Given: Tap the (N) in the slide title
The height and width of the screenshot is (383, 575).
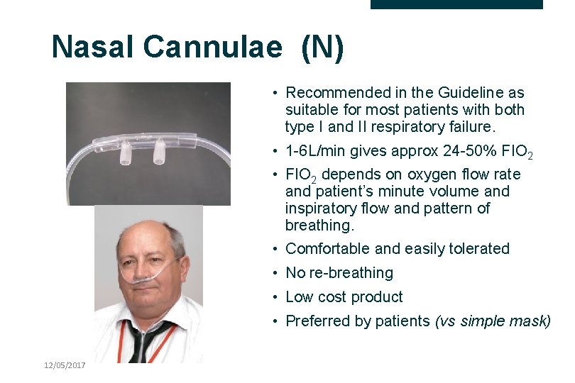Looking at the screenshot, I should (323, 48).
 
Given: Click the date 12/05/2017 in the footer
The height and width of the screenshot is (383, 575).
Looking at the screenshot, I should (64, 365).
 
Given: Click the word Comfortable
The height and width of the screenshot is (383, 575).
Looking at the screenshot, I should (327, 249).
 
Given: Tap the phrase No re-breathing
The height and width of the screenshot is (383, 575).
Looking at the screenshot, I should (339, 273).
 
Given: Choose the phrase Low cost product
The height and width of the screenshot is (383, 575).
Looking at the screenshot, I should (344, 297).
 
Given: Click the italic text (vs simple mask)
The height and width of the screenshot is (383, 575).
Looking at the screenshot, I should (492, 321).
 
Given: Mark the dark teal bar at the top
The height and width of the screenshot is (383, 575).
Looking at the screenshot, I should (456, 4).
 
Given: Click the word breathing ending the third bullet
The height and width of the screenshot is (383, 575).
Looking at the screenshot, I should (317, 225).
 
